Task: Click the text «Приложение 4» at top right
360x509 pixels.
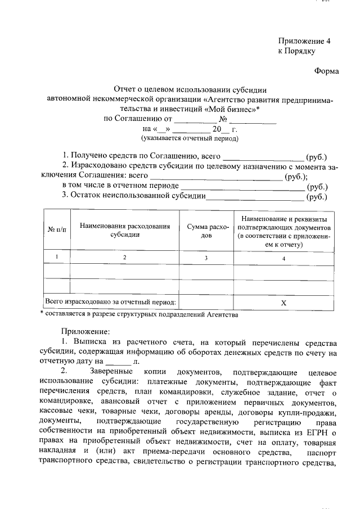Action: click(301, 41)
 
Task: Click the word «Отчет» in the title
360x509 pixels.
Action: click(125, 89)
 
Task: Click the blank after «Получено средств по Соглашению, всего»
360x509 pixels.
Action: click(263, 156)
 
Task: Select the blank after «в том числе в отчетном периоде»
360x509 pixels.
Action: click(242, 186)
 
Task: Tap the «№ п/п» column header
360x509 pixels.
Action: click(57, 229)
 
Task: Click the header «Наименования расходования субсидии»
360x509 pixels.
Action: click(125, 230)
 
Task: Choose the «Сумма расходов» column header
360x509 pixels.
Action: click(207, 230)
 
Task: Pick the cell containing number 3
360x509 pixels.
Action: click(207, 258)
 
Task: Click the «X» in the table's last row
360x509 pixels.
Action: click(284, 303)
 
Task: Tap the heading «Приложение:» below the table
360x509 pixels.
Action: click(86, 332)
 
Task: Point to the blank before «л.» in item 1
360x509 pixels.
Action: click(119, 363)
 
